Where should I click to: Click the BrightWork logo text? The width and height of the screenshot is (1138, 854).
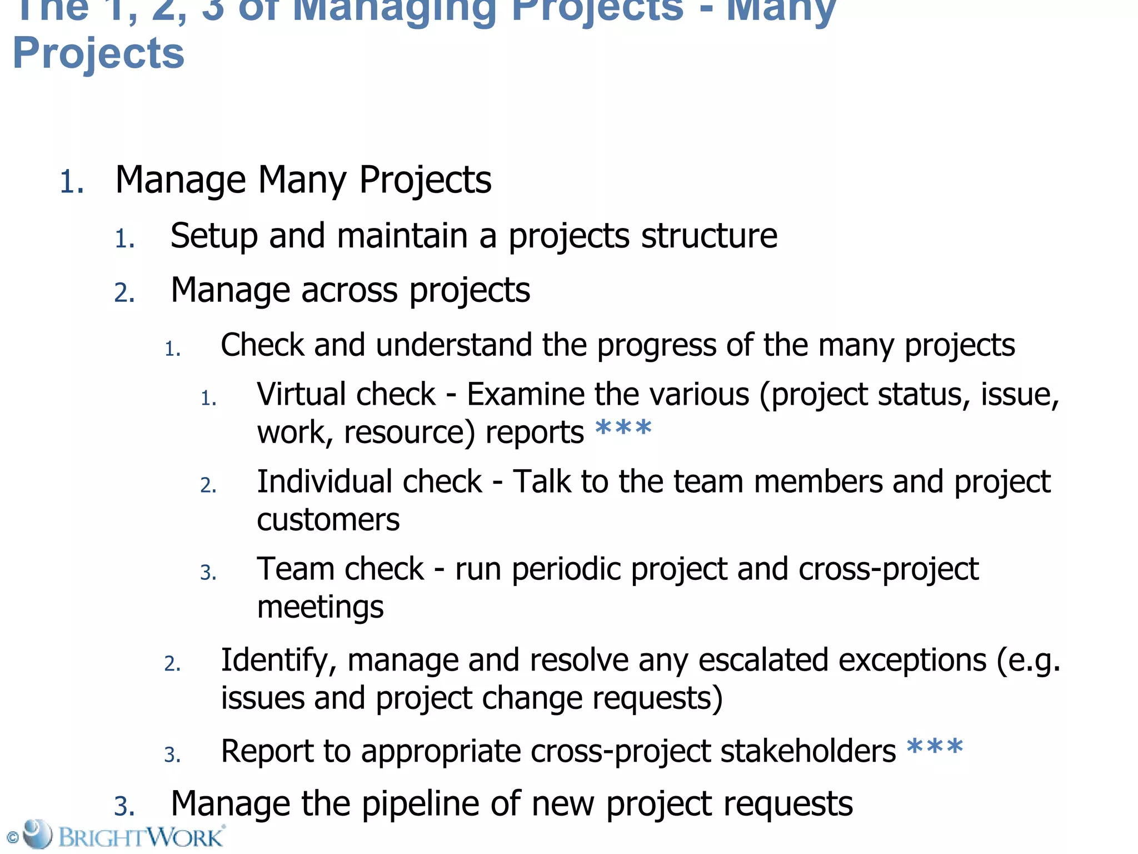coord(141,837)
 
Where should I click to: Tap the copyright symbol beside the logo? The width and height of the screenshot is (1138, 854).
coord(12,837)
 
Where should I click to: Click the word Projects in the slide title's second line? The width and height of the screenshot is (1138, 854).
coord(98,53)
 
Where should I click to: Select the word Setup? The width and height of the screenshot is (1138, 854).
coord(214,236)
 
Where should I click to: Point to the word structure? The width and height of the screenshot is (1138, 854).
coord(709,236)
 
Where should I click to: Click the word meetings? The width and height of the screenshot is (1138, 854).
coord(320,607)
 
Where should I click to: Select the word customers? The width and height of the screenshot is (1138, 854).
coord(328,520)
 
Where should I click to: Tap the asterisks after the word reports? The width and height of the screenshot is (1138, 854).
coord(623,429)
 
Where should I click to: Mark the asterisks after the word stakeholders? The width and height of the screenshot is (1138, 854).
coord(935,748)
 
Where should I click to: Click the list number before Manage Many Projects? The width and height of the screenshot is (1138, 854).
coord(72,182)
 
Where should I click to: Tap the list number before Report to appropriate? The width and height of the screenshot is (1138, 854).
coord(172,754)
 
